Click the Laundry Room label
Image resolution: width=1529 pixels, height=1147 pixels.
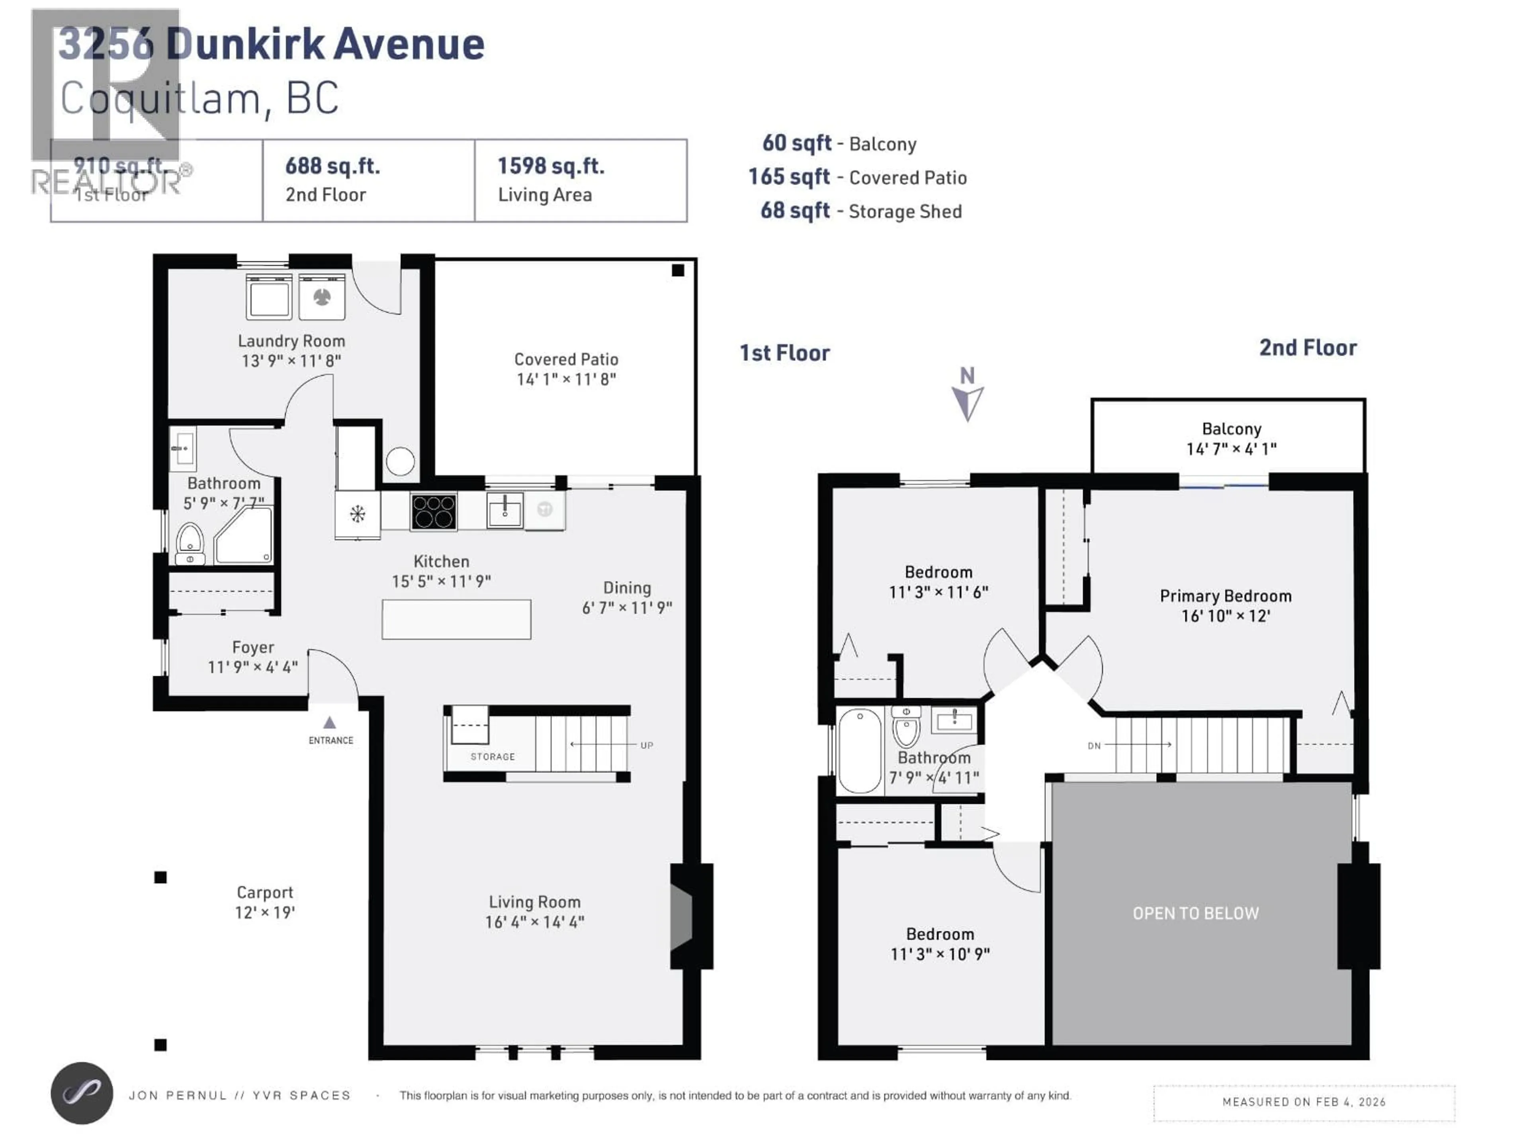[x=291, y=341]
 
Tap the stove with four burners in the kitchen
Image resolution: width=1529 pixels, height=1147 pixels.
[x=433, y=512]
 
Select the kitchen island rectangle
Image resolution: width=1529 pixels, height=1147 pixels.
[x=456, y=619]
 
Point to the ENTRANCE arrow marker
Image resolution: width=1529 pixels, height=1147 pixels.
[x=330, y=722]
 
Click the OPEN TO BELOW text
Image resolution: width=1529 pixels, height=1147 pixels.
[x=1195, y=913]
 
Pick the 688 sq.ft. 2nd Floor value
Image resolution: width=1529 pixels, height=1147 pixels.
[x=332, y=166]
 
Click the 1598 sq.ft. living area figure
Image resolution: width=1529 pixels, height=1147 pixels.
[x=551, y=166]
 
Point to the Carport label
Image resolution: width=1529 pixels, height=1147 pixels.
[x=265, y=893]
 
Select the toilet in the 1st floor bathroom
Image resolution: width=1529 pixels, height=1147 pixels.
[x=190, y=543]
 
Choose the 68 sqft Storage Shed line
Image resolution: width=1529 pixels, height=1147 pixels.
[x=860, y=211]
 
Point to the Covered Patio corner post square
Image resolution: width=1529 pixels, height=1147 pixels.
[x=677, y=270]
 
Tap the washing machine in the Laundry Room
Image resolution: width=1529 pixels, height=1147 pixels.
[x=269, y=297]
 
